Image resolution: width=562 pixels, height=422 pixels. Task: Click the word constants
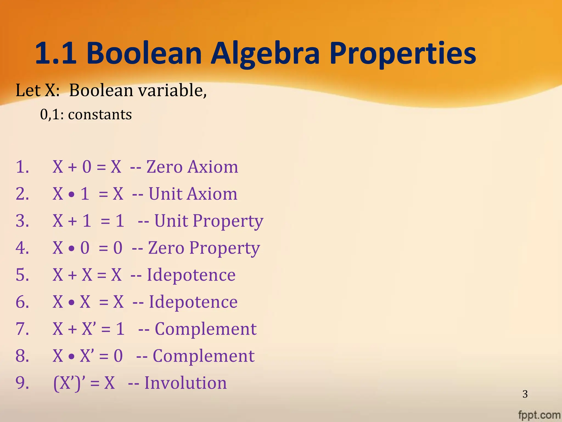[100, 114]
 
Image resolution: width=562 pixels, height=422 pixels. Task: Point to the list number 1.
[22, 167]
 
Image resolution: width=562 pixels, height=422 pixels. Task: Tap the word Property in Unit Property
[228, 221]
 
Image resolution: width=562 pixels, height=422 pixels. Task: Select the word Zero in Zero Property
[166, 248]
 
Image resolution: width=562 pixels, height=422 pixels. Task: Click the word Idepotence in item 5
[191, 275]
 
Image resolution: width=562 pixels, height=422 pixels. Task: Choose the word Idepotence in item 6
[193, 302]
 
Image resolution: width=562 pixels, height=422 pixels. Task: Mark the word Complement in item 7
[206, 329]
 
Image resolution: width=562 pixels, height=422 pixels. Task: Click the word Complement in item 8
[204, 356]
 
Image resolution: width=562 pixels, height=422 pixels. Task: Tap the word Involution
[186, 383]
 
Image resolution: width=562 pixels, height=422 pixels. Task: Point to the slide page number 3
[525, 394]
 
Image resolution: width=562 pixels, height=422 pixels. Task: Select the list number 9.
[22, 383]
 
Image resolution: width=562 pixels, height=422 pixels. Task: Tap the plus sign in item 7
[72, 329]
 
